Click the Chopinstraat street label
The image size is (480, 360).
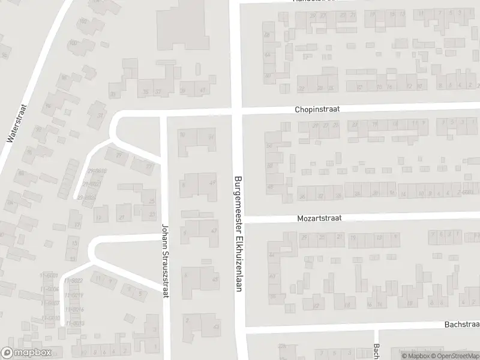click(x=318, y=110)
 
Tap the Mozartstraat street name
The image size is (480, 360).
click(x=319, y=219)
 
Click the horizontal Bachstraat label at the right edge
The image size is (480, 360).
click(x=461, y=324)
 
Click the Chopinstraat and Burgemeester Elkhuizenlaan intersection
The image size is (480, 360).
click(x=237, y=112)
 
